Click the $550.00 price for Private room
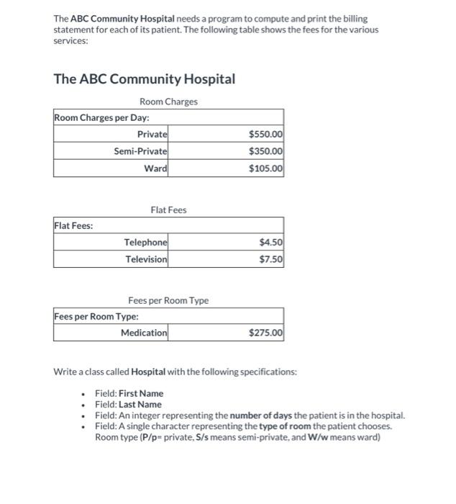pos(265,134)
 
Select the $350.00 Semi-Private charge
pos(265,151)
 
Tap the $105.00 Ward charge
pos(265,168)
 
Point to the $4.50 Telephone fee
pos(270,243)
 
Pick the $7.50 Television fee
pos(270,259)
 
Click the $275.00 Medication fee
pos(265,333)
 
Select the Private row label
pos(152,134)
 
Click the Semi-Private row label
pos(140,151)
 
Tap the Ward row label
pos(155,168)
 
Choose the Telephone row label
pos(146,243)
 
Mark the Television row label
pos(147,259)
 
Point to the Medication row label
pos(144,333)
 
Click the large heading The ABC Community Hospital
pos(145,78)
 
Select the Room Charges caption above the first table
pos(168,102)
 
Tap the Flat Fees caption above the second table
pos(168,210)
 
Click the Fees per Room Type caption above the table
pos(168,300)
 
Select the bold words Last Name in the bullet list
pos(140,404)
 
